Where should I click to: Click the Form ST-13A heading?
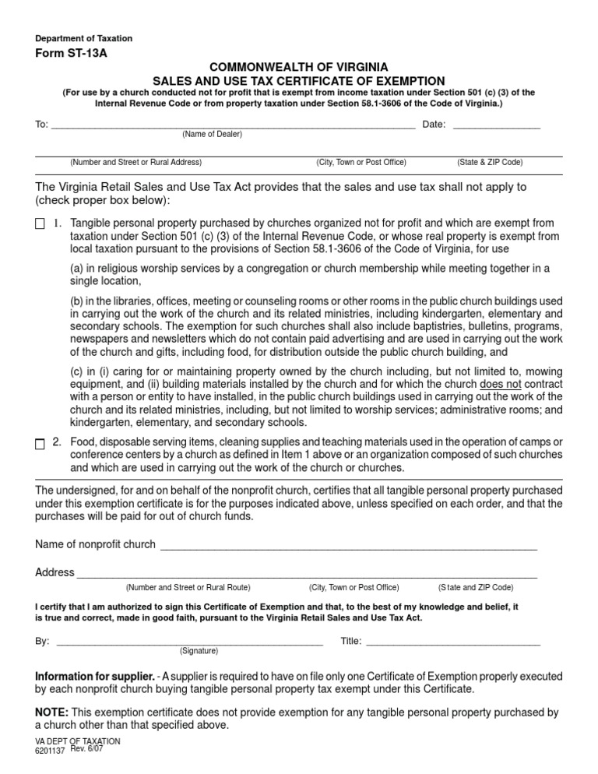click(x=72, y=53)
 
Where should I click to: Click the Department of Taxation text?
click(x=84, y=38)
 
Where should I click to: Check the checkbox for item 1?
click(x=40, y=224)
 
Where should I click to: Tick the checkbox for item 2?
click(x=40, y=443)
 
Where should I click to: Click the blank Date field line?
click(x=496, y=125)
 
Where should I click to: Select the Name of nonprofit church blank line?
click(x=348, y=545)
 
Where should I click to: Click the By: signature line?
click(x=190, y=642)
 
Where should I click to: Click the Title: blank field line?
click(x=452, y=642)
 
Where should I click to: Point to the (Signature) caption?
click(x=199, y=650)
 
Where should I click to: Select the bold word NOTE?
click(x=52, y=712)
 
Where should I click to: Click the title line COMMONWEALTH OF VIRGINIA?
click(x=299, y=67)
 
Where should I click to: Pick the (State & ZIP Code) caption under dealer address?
click(x=490, y=163)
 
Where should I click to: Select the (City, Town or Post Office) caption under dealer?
click(x=361, y=163)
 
